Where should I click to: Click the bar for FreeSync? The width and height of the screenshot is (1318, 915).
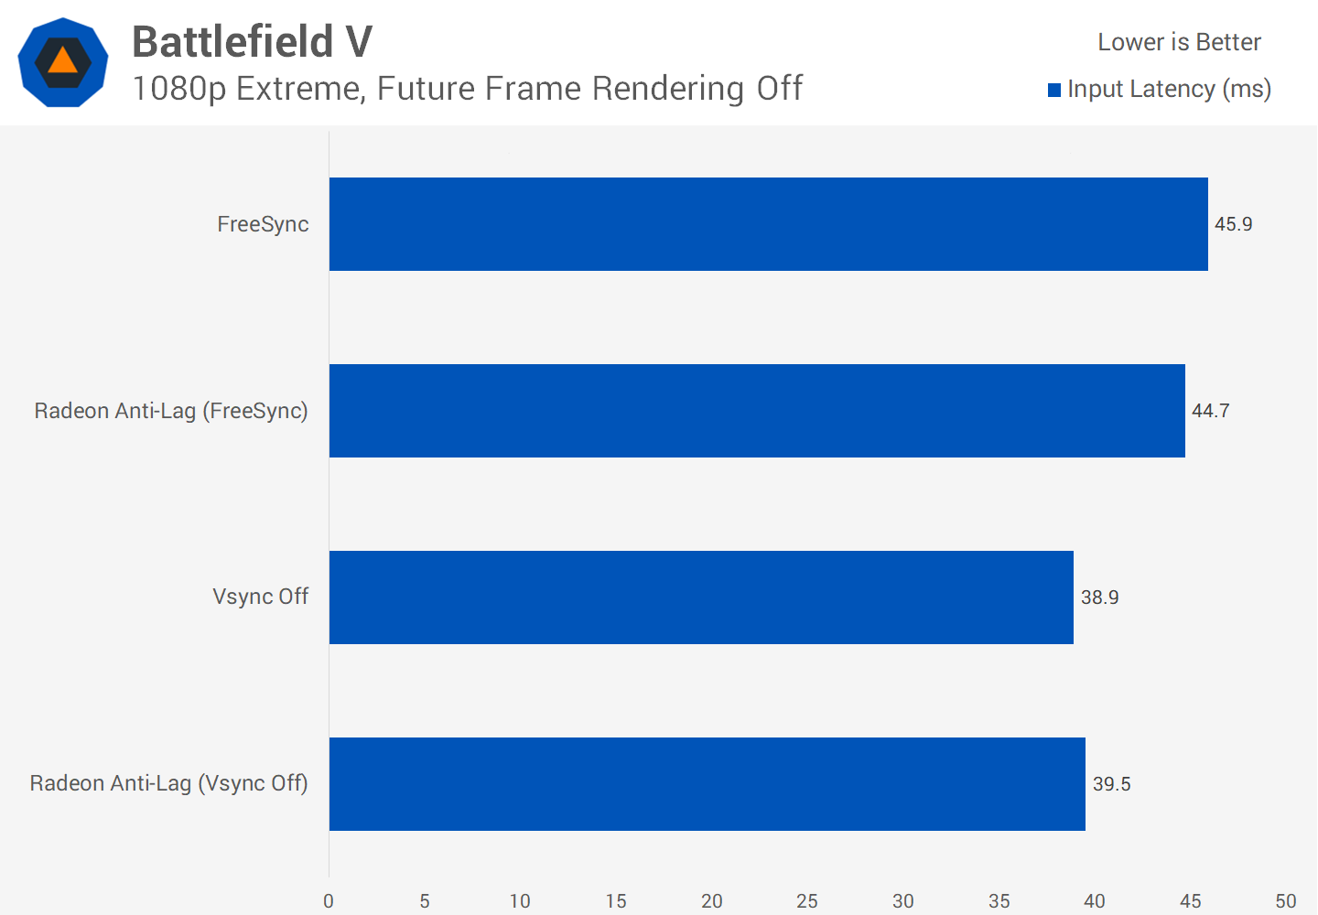pos(768,224)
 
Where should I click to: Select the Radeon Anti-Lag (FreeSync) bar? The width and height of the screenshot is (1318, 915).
pos(757,411)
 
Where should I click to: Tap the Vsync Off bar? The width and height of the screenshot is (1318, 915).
pos(701,597)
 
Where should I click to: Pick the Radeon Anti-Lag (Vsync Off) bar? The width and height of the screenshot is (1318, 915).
pos(707,784)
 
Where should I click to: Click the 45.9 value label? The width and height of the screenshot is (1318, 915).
pos(1233,224)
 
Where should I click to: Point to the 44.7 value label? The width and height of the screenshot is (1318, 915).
pos(1210,411)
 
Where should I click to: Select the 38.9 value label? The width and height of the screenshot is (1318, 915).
pos(1099,597)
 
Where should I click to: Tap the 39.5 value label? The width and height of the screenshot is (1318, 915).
pos(1111,784)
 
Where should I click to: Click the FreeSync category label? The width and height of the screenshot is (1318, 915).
pos(263,224)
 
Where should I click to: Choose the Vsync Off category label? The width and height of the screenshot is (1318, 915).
pos(260,597)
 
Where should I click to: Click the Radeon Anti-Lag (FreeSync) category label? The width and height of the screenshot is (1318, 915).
pos(171,411)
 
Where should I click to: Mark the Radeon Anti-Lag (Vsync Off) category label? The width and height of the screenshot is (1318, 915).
pos(168,783)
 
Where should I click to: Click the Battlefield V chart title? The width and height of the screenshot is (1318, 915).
pos(252,41)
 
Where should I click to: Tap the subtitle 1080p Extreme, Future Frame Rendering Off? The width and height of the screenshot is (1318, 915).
pos(467,89)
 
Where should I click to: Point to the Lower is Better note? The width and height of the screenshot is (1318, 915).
pos(1179,42)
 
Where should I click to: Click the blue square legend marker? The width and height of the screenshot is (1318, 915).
pos(1054,90)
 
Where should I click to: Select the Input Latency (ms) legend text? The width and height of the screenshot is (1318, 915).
pos(1169,89)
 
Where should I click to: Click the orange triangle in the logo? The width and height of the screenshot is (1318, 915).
pos(62,61)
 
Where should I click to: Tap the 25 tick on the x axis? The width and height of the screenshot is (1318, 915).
pos(807,901)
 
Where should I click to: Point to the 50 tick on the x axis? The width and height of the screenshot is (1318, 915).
pos(1286,901)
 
